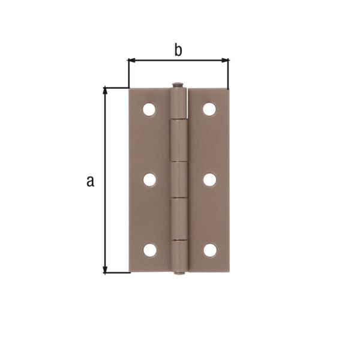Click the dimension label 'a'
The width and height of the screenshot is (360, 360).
pyautogui.click(x=90, y=181)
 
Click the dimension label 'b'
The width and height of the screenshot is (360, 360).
pyautogui.click(x=178, y=50)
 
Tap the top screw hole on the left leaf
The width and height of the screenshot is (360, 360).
pyautogui.click(x=149, y=109)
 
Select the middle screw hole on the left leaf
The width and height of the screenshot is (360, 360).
pyautogui.click(x=149, y=179)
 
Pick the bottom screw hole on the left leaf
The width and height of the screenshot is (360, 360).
pyautogui.click(x=149, y=250)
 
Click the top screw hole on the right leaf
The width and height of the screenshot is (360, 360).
pyautogui.click(x=209, y=109)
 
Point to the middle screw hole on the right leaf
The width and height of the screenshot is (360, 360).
pyautogui.click(x=210, y=179)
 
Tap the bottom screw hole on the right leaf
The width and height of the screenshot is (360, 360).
pyautogui.click(x=210, y=250)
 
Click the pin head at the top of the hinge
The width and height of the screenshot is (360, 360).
pyautogui.click(x=178, y=85)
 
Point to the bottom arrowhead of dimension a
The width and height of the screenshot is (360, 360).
pyautogui.click(x=106, y=269)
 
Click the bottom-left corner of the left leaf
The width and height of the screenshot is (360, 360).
pyautogui.click(x=130, y=271)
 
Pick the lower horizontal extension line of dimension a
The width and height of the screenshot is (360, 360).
pyautogui.click(x=118, y=273)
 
